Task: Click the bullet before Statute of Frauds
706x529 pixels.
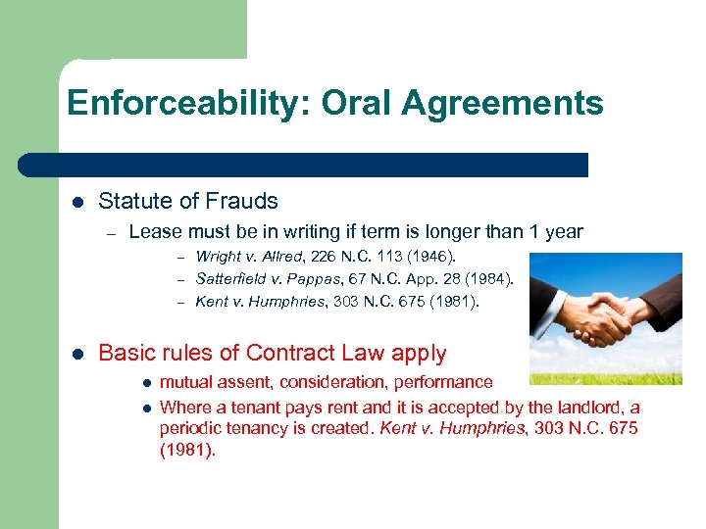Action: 77,202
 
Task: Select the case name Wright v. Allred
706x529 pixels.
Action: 251,257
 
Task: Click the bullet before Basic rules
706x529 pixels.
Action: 77,354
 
